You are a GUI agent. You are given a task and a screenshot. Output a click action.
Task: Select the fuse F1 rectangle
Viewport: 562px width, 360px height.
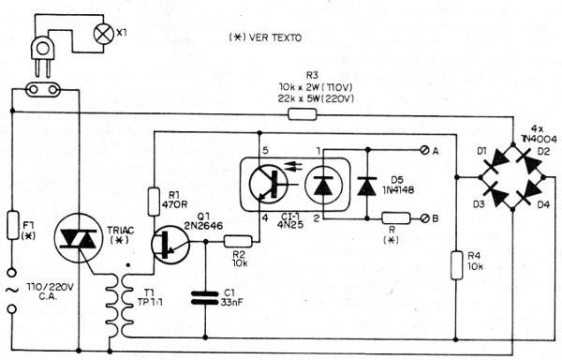click(11, 225)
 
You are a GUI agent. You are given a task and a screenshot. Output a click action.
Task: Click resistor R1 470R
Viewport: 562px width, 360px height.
click(154, 201)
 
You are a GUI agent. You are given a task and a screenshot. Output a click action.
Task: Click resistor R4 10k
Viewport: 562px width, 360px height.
click(455, 264)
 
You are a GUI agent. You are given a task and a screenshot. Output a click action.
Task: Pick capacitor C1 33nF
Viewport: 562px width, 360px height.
click(203, 298)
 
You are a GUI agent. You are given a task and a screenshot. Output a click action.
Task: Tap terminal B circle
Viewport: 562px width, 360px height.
click(429, 219)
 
